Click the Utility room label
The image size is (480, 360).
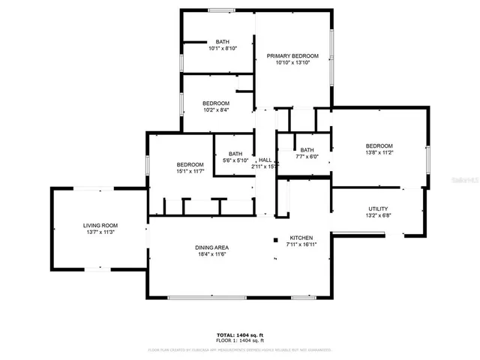(x=378, y=208)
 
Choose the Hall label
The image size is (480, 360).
(x=265, y=160)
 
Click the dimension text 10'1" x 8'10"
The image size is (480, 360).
(x=223, y=48)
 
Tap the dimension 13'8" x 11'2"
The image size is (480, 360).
(x=379, y=152)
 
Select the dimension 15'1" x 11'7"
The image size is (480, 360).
(x=190, y=172)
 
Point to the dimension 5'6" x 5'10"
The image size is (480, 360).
(x=235, y=160)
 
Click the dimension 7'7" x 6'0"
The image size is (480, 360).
(x=307, y=156)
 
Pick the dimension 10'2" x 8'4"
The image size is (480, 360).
(x=216, y=109)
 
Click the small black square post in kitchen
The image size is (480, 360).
(x=275, y=241)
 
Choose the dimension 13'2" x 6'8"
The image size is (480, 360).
(x=378, y=215)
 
